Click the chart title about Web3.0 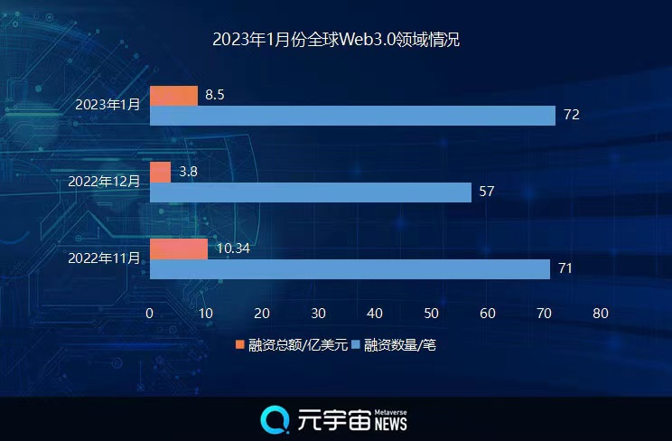[x=336, y=41]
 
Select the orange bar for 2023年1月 [x=173, y=96]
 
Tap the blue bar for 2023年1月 [x=352, y=116]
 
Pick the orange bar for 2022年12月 [x=160, y=172]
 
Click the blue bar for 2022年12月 [x=310, y=192]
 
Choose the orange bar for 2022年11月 [x=178, y=249]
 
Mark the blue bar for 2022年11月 [x=350, y=269]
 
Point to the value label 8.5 [x=215, y=94]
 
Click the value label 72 [x=571, y=115]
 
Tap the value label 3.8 [x=189, y=171]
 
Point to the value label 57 [x=487, y=192]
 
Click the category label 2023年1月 [x=108, y=105]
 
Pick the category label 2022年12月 [x=104, y=181]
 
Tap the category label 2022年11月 [x=104, y=258]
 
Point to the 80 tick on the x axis [x=600, y=313]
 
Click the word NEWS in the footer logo [x=390, y=424]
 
